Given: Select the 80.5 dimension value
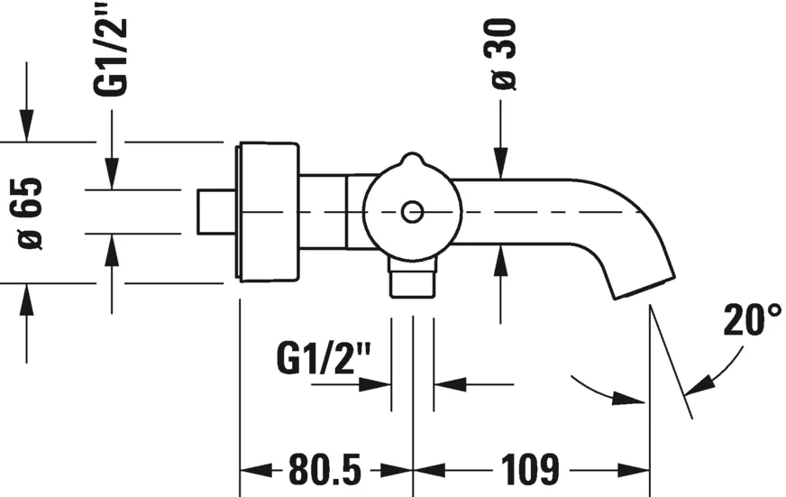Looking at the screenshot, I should click(324, 470).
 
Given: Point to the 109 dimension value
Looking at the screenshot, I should click(530, 470).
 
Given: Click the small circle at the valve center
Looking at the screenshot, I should click(412, 213).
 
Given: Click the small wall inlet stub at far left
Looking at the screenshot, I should click(215, 213).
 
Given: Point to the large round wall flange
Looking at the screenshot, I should click(268, 213).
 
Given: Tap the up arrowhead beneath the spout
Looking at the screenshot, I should click(500, 262).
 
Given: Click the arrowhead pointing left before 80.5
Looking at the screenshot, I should click(252, 470).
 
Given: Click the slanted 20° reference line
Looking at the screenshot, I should click(670, 361).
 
